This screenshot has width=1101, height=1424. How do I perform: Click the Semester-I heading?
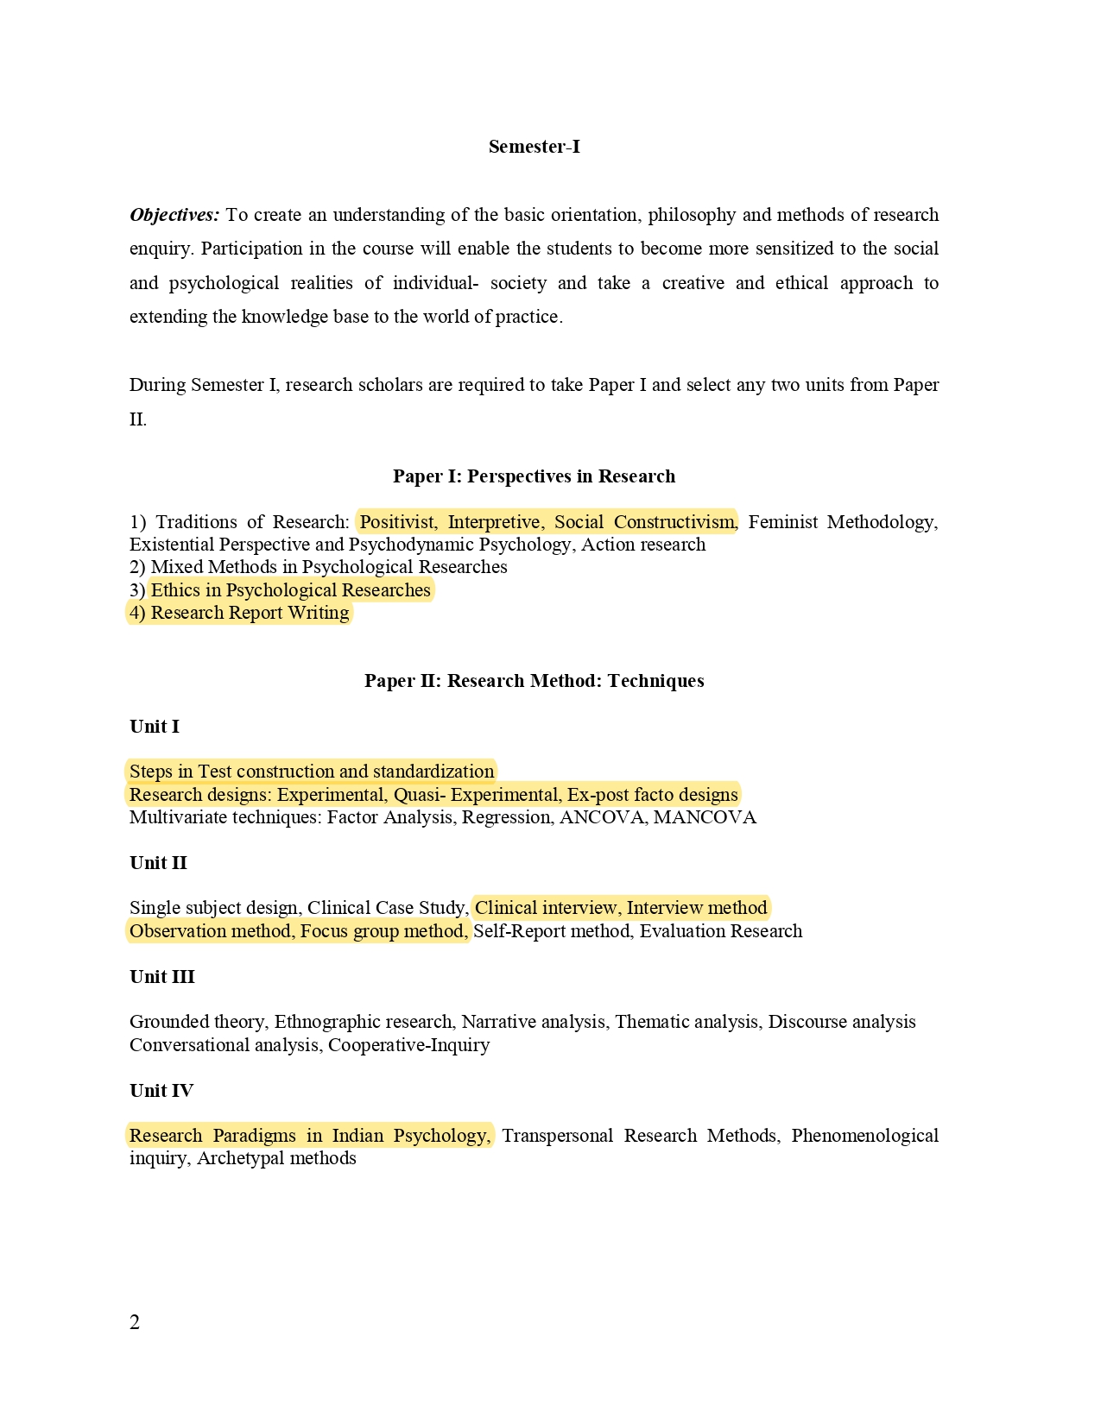(534, 147)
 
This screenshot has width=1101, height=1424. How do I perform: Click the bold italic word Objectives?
(174, 215)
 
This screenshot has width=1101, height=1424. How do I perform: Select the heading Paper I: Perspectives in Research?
(534, 476)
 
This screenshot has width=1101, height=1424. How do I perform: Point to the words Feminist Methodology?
(842, 522)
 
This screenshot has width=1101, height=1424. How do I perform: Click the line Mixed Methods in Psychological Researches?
(328, 567)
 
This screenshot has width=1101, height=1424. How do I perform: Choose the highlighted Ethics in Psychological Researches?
(290, 590)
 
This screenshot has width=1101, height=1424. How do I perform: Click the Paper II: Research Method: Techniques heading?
(534, 681)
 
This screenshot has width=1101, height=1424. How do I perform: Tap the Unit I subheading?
(155, 727)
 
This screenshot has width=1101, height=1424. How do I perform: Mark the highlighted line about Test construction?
(312, 772)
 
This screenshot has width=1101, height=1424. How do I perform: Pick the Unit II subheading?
(158, 863)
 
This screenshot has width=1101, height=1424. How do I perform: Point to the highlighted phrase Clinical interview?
(546, 908)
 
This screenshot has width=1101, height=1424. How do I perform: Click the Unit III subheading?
(162, 977)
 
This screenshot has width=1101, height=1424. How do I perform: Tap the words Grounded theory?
(197, 1022)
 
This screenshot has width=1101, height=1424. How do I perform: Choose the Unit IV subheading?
(161, 1091)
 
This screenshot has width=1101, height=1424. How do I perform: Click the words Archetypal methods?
(276, 1158)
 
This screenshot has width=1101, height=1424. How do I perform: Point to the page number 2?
(135, 1322)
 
